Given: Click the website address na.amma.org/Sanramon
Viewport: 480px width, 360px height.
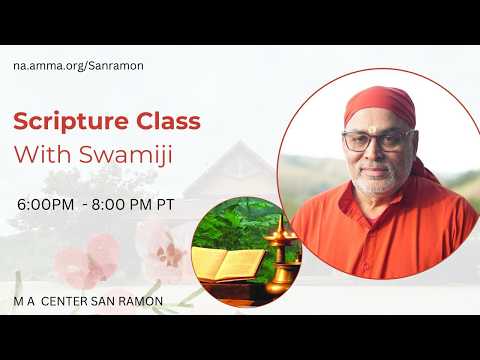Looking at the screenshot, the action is [x=78, y=66].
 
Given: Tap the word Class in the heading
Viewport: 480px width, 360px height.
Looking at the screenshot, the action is [x=168, y=121].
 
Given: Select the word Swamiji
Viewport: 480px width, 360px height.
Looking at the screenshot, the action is [x=126, y=155].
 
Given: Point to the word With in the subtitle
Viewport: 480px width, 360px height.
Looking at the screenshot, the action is [x=44, y=154].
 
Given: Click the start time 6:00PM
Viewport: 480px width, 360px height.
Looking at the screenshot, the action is [x=46, y=204].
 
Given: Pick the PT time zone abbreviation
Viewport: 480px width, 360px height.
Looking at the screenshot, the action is [x=166, y=204].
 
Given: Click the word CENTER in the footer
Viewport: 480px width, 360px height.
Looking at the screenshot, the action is [x=64, y=301].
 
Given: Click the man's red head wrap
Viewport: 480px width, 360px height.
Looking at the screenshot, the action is [x=380, y=104].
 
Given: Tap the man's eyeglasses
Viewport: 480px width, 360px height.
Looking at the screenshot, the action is [x=379, y=141].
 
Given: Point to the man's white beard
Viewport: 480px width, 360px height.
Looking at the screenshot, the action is [x=377, y=182].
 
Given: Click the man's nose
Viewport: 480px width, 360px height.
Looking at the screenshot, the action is [x=376, y=152].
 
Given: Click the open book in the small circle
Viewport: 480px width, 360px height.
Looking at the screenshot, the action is [x=229, y=264].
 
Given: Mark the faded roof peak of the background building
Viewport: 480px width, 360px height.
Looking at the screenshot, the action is [x=239, y=143].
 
